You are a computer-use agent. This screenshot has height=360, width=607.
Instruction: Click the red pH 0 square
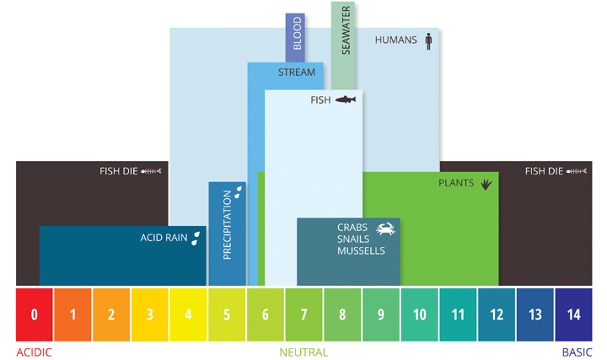[x=35, y=314]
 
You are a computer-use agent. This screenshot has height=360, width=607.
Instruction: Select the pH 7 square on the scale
[x=303, y=314]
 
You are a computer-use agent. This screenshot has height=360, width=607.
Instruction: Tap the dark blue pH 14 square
[x=573, y=314]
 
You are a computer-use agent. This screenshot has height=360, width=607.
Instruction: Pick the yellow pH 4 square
[x=188, y=314]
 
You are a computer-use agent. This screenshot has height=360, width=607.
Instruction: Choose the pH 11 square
[x=458, y=314]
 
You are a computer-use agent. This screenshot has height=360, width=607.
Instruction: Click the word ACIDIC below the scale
[x=34, y=352]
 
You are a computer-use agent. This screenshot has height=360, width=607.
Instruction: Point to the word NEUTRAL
[x=303, y=352]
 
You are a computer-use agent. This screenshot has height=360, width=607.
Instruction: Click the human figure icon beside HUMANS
[x=428, y=40]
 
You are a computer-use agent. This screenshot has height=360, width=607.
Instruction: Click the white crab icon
[x=385, y=228]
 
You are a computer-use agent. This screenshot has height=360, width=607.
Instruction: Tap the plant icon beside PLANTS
[x=486, y=182]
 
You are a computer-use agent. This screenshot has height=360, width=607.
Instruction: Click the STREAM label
[x=297, y=73]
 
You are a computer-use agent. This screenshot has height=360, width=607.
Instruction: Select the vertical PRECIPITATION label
[x=227, y=224]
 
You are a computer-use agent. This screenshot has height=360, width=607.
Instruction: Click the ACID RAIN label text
[x=164, y=238]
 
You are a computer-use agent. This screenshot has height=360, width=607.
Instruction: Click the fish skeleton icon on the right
[x=576, y=171]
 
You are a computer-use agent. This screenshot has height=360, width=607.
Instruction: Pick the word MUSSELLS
[x=361, y=251]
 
